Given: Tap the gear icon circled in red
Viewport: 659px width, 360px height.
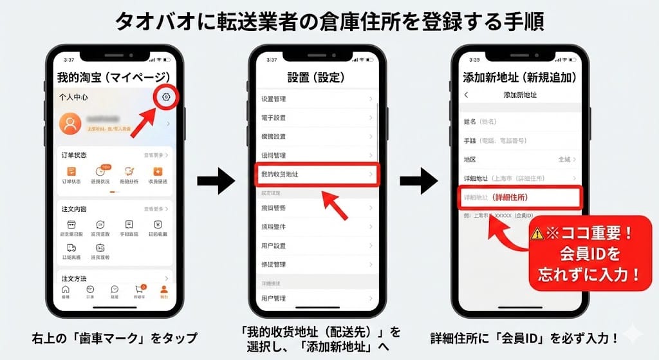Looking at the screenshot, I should pos(166,97).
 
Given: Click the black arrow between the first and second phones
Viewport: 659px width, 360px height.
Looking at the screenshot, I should pos(216,182).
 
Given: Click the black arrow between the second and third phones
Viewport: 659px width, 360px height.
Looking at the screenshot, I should pos(419,182).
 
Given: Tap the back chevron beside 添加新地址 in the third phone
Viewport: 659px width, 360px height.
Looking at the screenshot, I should pos(467,95).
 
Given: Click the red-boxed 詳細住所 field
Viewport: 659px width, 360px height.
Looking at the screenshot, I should pos(520,197).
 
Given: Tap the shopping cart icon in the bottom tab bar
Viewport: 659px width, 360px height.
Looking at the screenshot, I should pos(138,290).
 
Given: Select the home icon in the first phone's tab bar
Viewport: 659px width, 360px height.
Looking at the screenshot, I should pos(65,290).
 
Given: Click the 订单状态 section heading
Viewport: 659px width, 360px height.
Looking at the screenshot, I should pos(74,155).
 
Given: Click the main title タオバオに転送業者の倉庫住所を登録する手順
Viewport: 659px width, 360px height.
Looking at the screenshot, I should pos(329,22).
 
